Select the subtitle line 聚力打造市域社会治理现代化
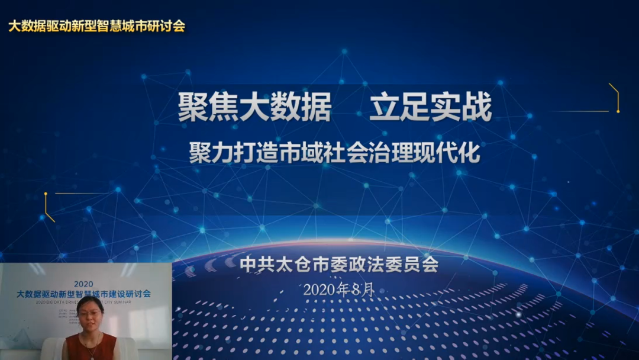point(334,153)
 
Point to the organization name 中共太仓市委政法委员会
point(339,264)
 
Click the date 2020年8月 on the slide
point(339,290)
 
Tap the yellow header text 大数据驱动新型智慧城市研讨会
point(96,26)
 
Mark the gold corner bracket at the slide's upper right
point(615,98)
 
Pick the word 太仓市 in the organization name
point(297,264)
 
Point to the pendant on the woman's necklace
point(92,355)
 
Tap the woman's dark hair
point(90,301)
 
